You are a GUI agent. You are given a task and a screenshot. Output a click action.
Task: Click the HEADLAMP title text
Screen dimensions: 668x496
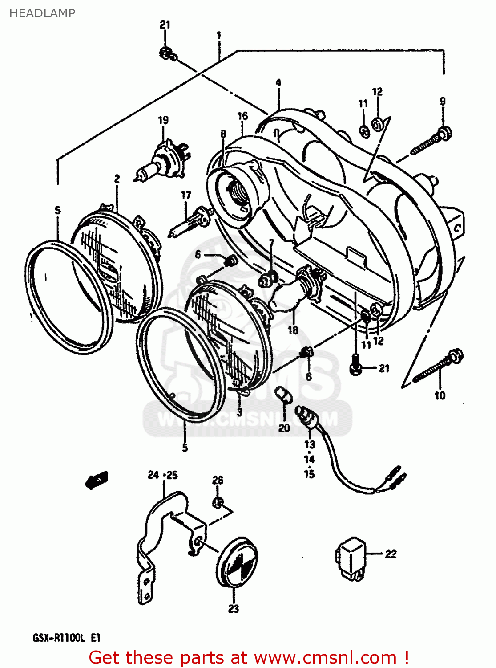click(x=42, y=13)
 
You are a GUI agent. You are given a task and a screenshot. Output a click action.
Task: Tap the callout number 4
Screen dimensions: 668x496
click(x=278, y=83)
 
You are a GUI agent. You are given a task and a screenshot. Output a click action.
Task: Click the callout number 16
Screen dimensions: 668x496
click(x=242, y=116)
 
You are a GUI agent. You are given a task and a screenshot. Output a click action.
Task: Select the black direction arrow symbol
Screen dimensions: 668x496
click(x=97, y=480)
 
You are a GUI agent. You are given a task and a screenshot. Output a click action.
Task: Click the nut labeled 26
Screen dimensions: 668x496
click(x=217, y=503)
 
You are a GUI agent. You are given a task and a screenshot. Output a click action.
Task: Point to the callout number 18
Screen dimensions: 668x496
click(x=293, y=330)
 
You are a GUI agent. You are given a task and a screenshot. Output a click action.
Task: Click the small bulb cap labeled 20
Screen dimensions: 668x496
click(x=283, y=395)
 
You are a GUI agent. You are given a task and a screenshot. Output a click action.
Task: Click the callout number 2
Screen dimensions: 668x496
click(x=117, y=179)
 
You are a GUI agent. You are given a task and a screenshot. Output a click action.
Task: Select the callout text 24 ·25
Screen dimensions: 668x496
click(x=162, y=475)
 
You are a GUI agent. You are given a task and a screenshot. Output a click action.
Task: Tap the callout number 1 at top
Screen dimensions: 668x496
click(x=218, y=35)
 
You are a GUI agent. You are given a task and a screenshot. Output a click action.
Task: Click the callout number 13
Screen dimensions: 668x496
click(x=310, y=444)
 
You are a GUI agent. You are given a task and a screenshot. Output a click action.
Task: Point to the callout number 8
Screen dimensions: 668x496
click(x=223, y=134)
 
